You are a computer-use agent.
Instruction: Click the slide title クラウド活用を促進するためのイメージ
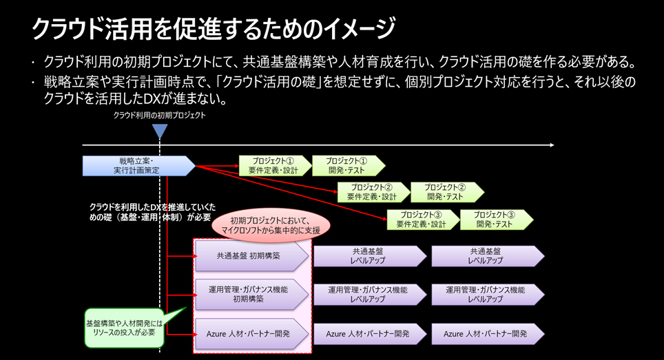click(214, 29)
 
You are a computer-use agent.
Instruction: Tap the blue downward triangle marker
click(160, 130)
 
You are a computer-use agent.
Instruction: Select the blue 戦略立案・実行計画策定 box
click(138, 166)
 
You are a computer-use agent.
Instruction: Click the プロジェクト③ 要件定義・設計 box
click(422, 220)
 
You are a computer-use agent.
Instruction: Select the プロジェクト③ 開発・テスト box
click(495, 220)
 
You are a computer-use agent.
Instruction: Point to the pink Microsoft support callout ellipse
click(271, 226)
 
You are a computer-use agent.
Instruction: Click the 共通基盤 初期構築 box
click(250, 256)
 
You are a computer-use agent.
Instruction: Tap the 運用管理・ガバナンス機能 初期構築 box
click(249, 295)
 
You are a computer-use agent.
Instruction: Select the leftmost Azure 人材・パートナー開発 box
click(249, 334)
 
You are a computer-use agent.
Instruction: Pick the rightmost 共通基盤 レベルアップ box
click(486, 256)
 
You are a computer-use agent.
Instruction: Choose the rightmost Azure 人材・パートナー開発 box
click(486, 334)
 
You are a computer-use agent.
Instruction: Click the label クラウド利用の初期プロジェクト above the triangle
click(160, 116)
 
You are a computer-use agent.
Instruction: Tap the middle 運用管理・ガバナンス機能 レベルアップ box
click(369, 295)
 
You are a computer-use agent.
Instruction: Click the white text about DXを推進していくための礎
click(152, 211)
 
